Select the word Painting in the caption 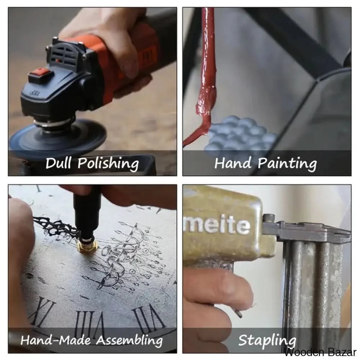287,164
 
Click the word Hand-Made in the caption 55,340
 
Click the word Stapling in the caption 267,341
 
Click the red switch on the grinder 41,73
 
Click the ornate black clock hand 55,226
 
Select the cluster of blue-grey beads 241,135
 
